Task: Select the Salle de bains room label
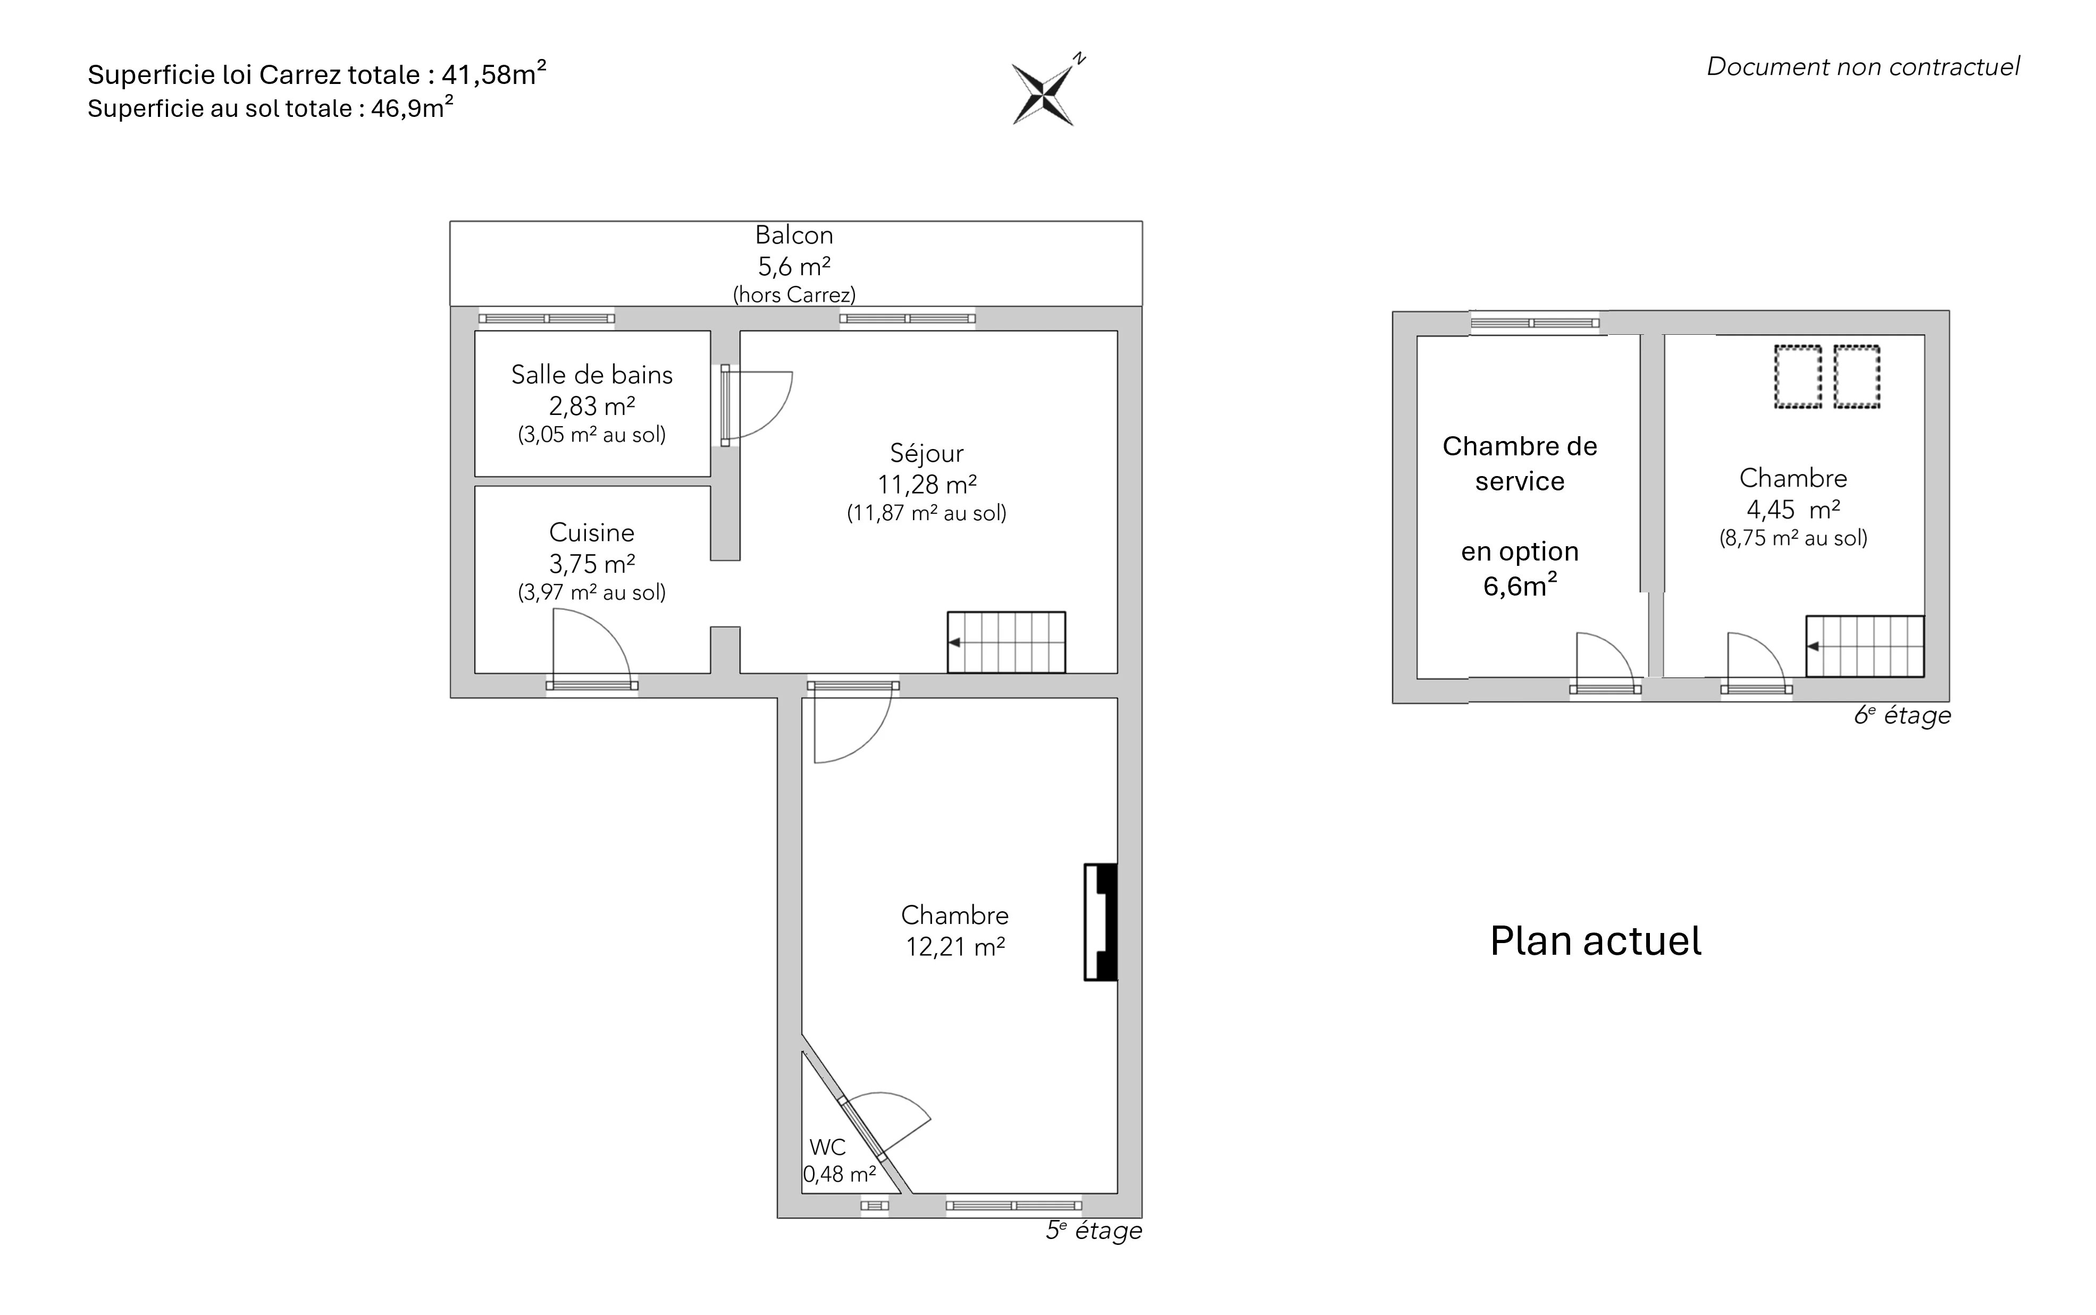tap(592, 375)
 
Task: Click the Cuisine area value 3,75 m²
tap(592, 564)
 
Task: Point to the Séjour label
tap(927, 453)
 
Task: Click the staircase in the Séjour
tap(1007, 643)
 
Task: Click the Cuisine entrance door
tap(592, 648)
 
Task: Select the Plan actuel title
tap(1595, 941)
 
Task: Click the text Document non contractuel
tap(1863, 67)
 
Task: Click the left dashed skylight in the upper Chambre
tap(1798, 377)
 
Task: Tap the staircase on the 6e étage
tap(1865, 646)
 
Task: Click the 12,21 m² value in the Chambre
tap(955, 946)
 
